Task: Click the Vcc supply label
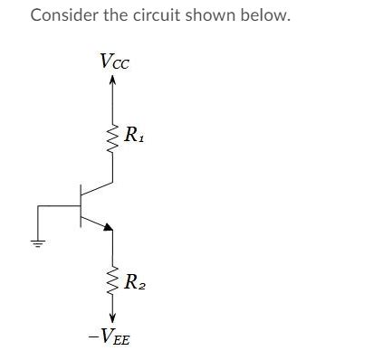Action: point(115,62)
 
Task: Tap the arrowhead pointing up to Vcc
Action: point(113,81)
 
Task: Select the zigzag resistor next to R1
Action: point(113,138)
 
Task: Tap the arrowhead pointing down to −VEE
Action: point(113,317)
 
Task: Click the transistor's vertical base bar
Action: point(81,206)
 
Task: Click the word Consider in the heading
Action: point(62,16)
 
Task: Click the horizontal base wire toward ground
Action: point(59,206)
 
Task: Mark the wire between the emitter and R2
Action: point(113,249)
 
